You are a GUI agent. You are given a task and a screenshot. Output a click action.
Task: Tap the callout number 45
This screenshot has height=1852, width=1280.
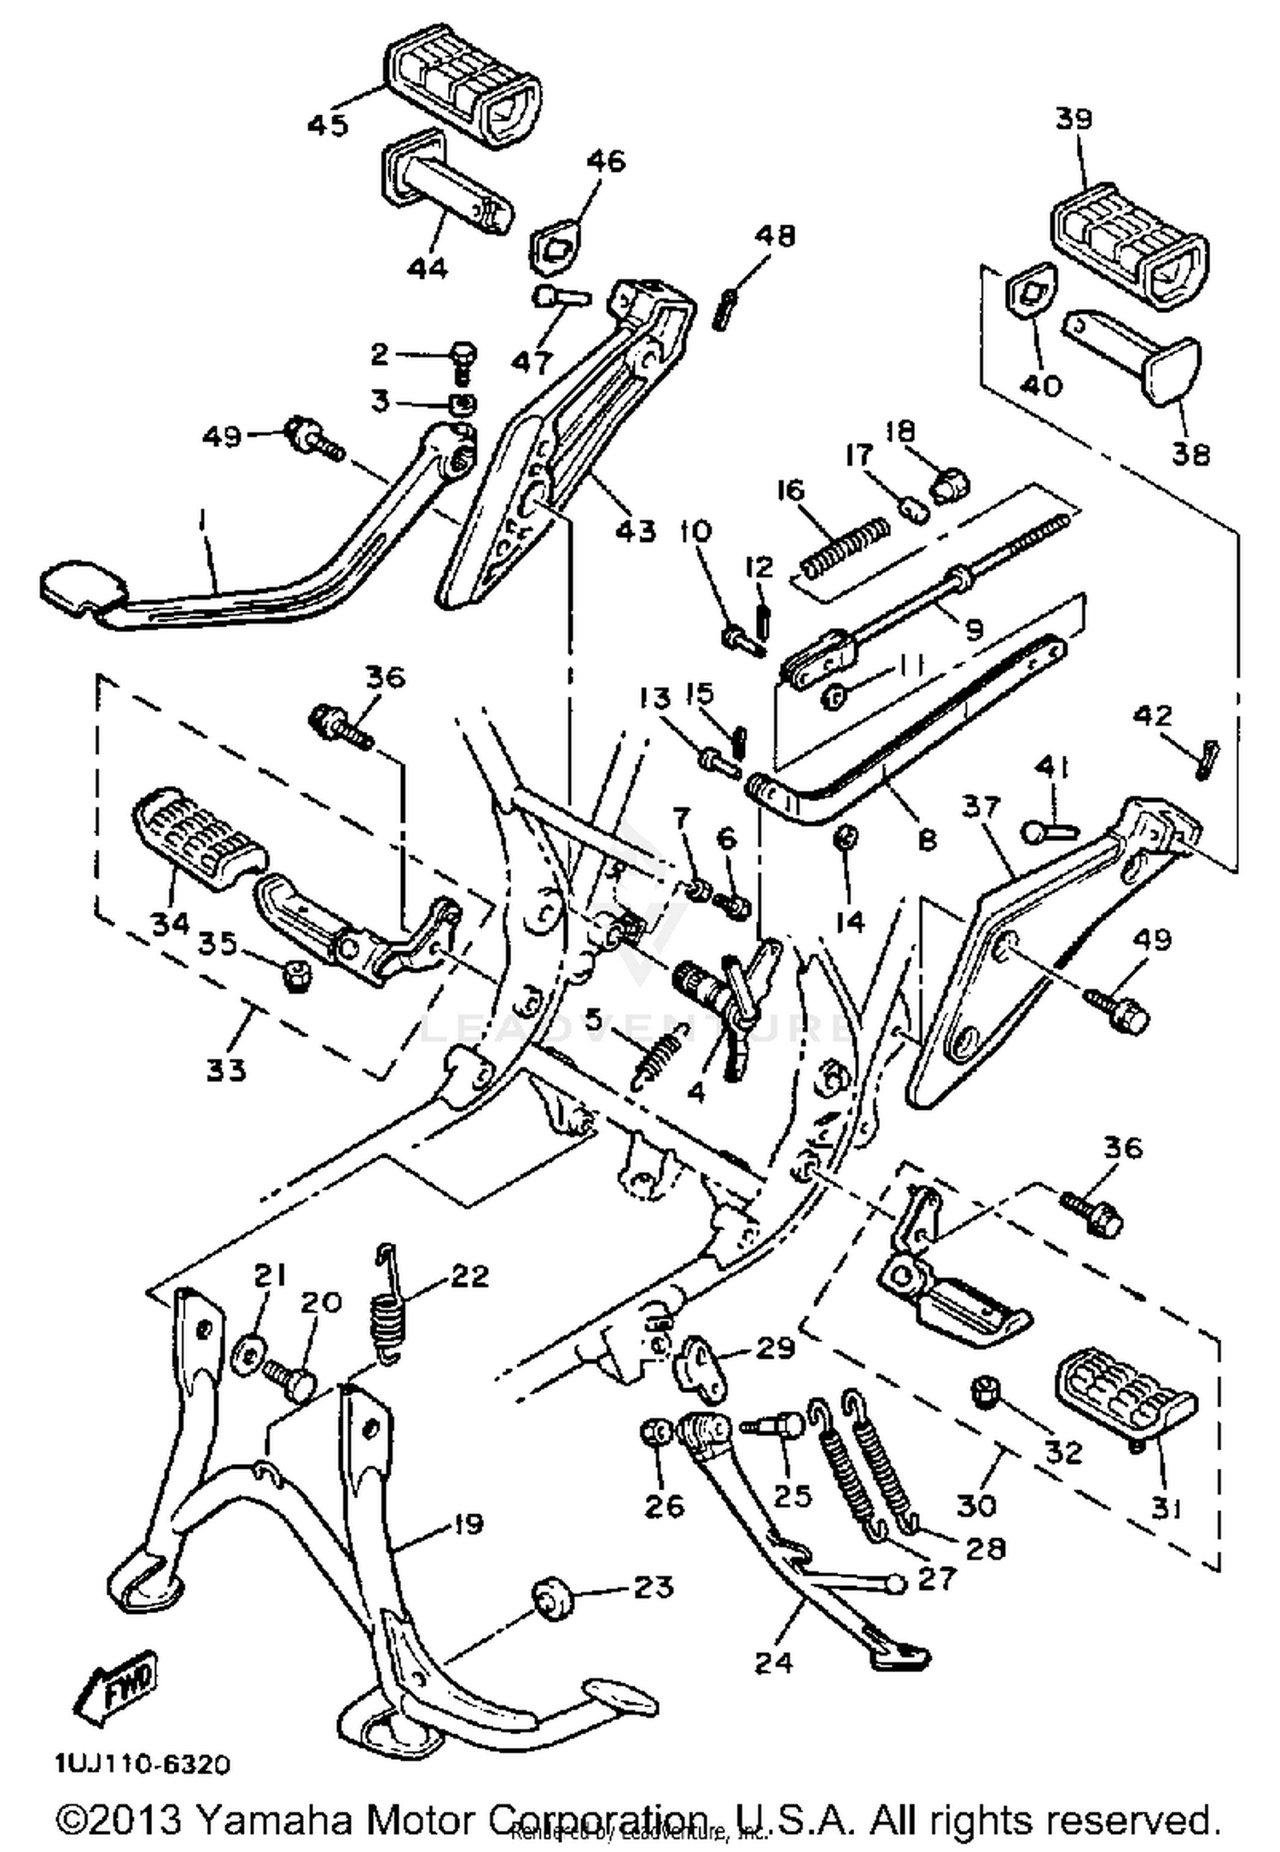coord(328,125)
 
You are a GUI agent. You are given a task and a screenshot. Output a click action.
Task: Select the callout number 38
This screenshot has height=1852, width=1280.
coord(1190,453)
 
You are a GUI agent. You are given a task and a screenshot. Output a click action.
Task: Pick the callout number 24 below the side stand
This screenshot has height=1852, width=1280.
coord(773,1662)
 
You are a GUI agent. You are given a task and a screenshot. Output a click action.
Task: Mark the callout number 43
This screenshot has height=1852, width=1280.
coord(636,530)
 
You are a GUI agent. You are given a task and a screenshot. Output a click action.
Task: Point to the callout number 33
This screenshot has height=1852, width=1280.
coord(226,1069)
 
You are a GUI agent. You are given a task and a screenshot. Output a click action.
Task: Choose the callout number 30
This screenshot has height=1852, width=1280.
coord(976,1507)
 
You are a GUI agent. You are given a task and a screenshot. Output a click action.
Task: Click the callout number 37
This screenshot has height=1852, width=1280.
coord(981,807)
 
